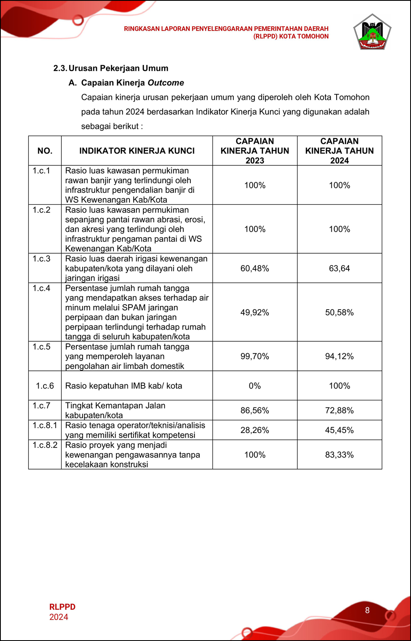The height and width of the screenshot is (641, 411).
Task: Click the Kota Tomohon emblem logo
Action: click(x=372, y=32)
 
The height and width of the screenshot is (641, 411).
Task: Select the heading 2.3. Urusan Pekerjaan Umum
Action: click(x=111, y=68)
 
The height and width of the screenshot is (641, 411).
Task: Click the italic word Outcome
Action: click(x=166, y=83)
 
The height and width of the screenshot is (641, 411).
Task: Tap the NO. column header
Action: click(x=45, y=151)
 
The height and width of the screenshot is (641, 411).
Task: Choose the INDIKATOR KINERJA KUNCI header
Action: click(x=137, y=151)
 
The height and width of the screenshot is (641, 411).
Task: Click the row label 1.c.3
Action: click(x=42, y=259)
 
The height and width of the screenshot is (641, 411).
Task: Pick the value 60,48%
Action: click(x=255, y=268)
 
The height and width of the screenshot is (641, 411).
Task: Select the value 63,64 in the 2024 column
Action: click(x=339, y=268)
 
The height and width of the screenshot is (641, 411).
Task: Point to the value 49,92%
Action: click(x=255, y=312)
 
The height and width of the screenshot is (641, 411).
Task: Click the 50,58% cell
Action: click(x=339, y=312)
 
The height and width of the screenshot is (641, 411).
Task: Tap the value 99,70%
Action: click(x=255, y=356)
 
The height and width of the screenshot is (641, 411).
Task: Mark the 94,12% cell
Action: click(x=339, y=356)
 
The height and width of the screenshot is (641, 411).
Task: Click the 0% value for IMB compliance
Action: click(x=255, y=386)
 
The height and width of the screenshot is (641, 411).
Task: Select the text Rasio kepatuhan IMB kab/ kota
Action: click(x=124, y=386)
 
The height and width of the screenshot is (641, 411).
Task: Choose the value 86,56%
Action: click(x=255, y=410)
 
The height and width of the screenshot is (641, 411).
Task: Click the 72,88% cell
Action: click(x=339, y=410)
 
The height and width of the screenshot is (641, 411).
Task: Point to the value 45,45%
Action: click(x=339, y=430)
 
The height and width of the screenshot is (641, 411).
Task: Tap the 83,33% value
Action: click(x=339, y=455)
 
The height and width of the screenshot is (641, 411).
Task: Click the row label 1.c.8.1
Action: click(x=45, y=425)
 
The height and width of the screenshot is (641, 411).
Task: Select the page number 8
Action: click(x=367, y=611)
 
